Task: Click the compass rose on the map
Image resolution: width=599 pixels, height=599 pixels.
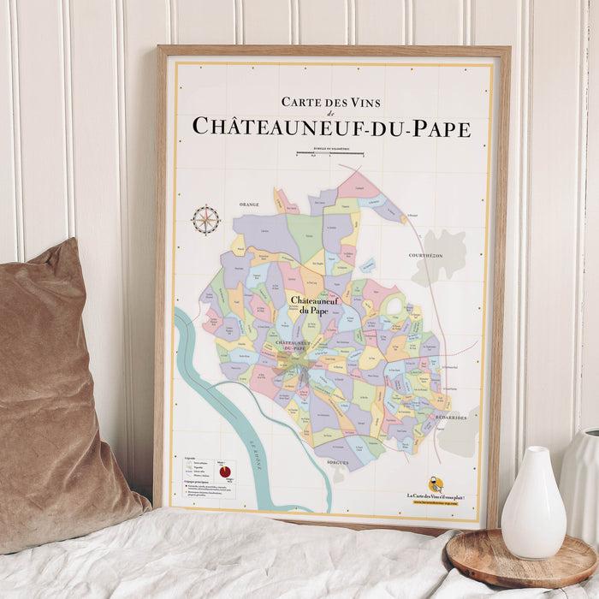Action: click(205, 221)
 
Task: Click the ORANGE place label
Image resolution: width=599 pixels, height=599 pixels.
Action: click(249, 205)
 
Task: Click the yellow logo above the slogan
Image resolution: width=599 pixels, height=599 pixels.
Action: click(436, 484)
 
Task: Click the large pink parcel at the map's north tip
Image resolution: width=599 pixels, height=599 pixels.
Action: click(360, 185)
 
